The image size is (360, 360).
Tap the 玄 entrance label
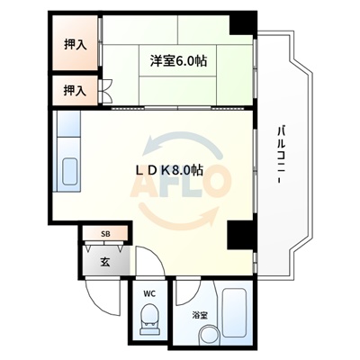pyautogui.click(x=104, y=262)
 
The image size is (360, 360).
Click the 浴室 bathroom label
pyautogui.click(x=199, y=315)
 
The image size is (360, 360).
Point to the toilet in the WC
pyautogui.click(x=150, y=318)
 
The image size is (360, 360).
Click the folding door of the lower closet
pyautogui.click(x=106, y=90)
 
